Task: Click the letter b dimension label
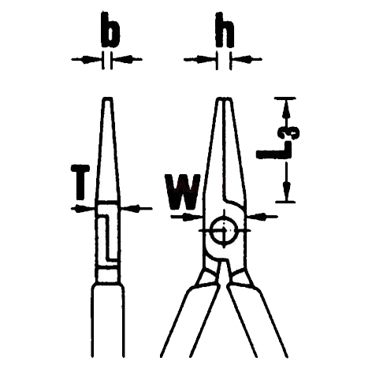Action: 110,30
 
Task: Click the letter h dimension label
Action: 225,30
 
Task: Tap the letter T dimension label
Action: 80,182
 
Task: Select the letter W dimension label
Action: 182,192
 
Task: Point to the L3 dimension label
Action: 278,143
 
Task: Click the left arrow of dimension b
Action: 87,59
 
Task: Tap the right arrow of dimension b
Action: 128,59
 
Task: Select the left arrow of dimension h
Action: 200,60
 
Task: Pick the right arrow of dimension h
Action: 247,59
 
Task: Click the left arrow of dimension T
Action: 83,209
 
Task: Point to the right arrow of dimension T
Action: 136,209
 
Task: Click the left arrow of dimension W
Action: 187,217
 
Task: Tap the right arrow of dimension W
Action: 262,217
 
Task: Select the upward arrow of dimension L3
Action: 286,113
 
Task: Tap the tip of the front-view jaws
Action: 224,99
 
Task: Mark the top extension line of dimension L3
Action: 285,99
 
